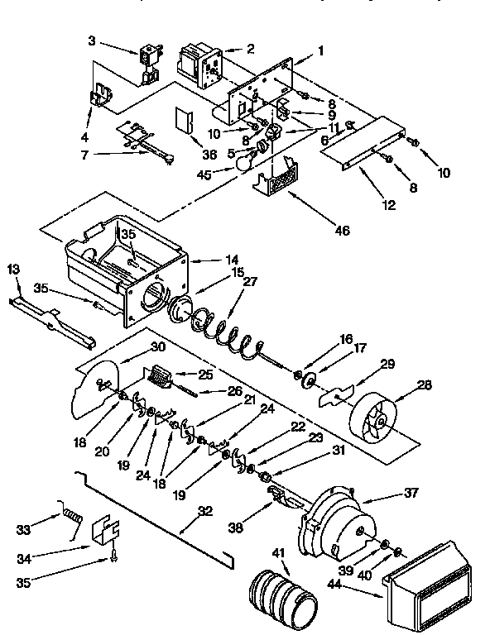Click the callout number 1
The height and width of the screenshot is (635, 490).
click(x=319, y=51)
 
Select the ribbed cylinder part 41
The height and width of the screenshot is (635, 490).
click(x=281, y=590)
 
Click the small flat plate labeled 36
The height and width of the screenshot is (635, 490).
click(x=182, y=120)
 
